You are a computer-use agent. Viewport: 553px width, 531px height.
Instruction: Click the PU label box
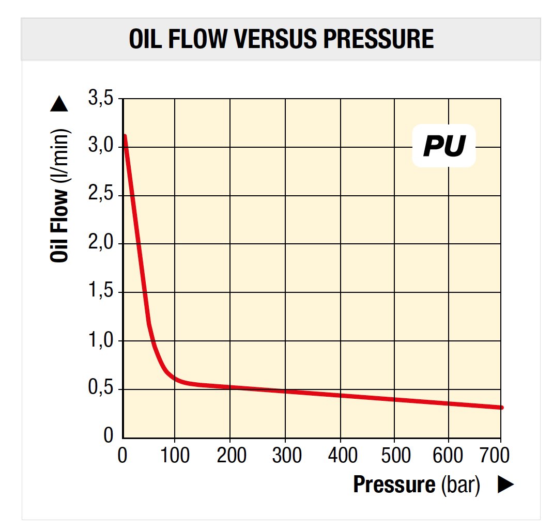tap(443, 146)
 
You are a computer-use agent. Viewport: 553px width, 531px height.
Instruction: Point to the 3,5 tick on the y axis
tap(101, 98)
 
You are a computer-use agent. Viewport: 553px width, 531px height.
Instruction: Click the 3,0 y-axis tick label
tap(101, 147)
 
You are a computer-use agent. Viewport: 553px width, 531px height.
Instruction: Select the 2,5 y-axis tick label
tap(101, 195)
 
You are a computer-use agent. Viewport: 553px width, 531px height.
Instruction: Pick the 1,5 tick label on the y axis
tap(101, 292)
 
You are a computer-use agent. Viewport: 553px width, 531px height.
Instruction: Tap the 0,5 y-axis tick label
tap(101, 388)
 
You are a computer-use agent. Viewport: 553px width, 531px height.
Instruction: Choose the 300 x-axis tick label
tap(286, 456)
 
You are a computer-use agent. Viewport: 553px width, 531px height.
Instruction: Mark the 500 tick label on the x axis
tap(394, 456)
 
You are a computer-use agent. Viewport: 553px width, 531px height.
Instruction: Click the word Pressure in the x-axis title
tap(394, 485)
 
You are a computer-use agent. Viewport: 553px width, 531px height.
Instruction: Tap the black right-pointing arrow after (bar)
tap(505, 485)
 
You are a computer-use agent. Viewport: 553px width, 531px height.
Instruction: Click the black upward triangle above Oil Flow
tap(59, 105)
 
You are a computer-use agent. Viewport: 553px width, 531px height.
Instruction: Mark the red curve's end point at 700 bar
tap(500, 408)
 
